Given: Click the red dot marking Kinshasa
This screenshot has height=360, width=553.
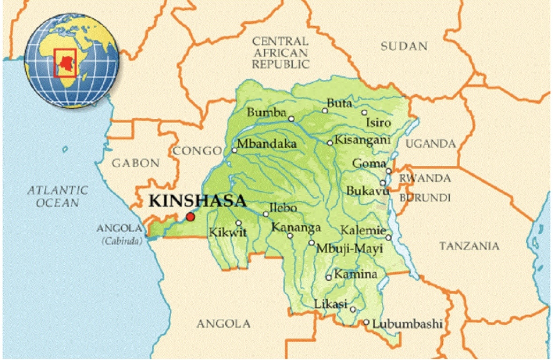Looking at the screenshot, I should pos(190,216).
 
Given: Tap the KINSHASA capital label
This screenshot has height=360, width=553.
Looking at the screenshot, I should pos(197,200).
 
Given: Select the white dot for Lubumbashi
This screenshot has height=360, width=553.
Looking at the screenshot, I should pos(366,322).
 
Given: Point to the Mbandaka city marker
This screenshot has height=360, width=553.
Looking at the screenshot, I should pos(235,150).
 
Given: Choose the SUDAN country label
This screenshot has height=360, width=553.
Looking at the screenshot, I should pos(404,46).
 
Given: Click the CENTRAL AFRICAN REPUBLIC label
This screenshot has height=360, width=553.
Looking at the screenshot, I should pos(280,53).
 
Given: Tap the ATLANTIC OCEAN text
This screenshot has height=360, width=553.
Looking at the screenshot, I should pos(57,196).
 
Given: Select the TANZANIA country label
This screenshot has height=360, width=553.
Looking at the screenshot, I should pos(469,246).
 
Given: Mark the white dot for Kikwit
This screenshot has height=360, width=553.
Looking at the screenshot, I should pos(238,223).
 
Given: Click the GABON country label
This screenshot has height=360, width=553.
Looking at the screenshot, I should pos(136,163).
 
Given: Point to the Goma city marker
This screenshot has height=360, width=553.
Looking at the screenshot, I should pos(389,171).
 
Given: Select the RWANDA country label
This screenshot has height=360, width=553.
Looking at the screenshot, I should pos(425,178).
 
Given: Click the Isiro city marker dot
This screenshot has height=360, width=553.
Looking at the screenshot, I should pos(364,113).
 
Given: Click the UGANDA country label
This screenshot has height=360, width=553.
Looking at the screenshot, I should pos(431,144).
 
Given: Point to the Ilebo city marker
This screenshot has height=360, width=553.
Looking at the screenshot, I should pos(265,214).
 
